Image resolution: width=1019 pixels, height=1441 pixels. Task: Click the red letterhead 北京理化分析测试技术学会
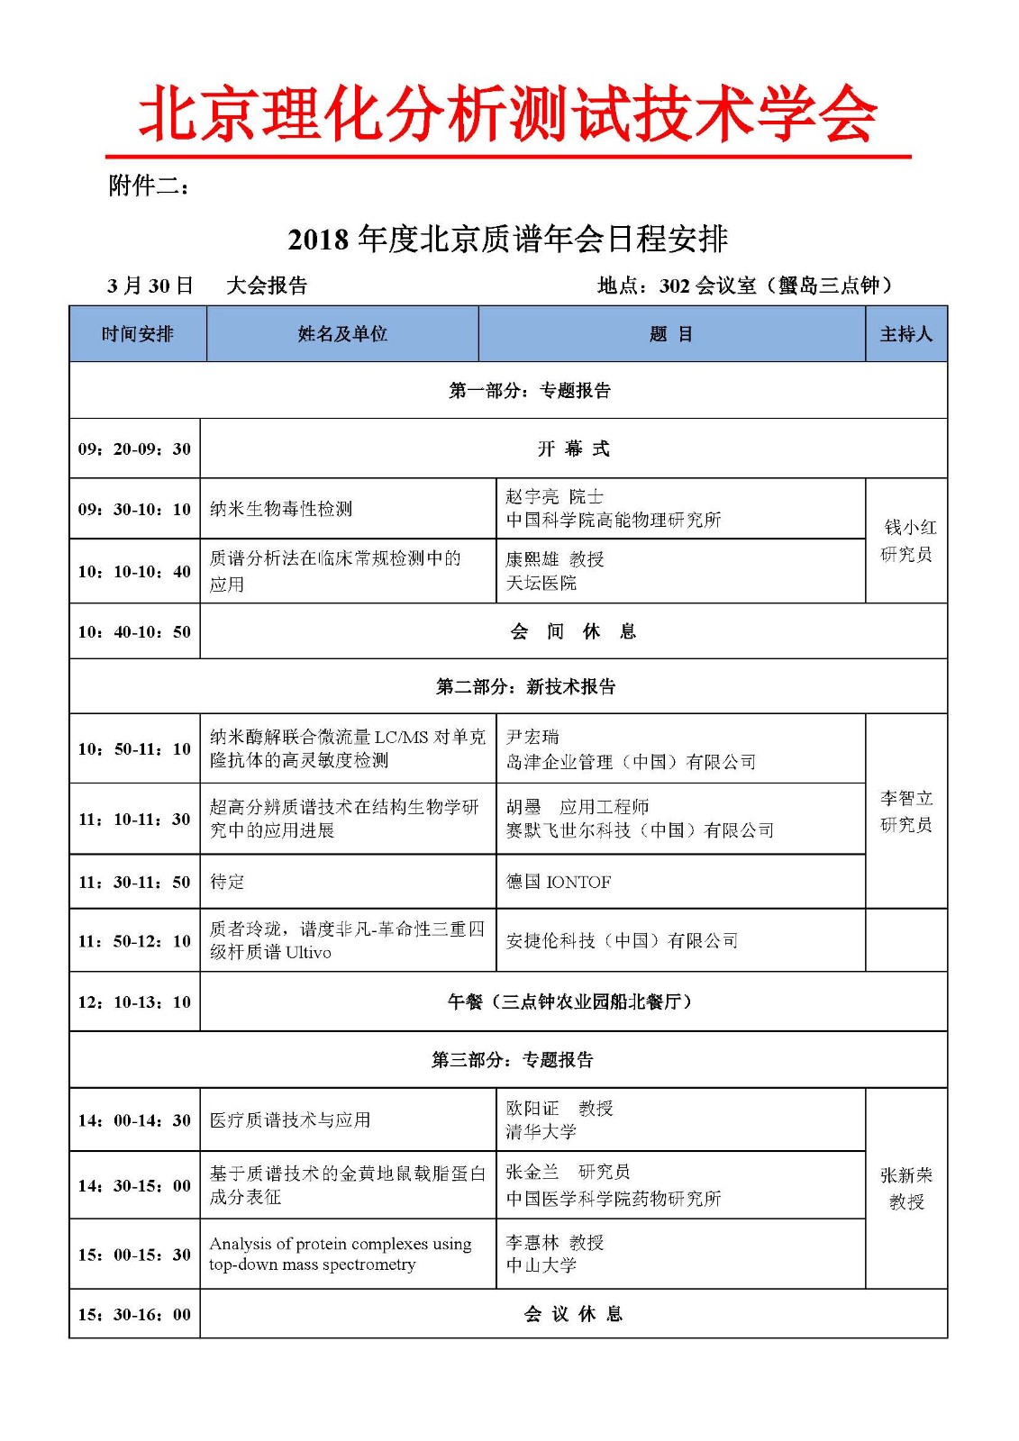[507, 114]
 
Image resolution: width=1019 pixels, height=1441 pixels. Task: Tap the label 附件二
[149, 186]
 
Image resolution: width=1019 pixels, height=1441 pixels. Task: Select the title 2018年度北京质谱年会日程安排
[507, 240]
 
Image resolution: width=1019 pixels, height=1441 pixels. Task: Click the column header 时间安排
[138, 334]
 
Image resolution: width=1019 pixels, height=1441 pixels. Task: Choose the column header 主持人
[905, 334]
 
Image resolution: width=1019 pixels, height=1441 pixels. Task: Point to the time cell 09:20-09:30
[134, 449]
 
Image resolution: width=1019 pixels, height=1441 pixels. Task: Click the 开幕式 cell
[573, 449]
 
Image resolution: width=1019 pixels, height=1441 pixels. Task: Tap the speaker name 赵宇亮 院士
[554, 496]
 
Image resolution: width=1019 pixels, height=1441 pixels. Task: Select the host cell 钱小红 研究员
[906, 540]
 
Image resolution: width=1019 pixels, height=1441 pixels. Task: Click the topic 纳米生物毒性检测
[281, 509]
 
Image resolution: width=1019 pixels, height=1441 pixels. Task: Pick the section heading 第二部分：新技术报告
[525, 687]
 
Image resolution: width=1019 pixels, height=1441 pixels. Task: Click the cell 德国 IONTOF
[559, 882]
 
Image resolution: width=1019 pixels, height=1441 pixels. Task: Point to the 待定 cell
[227, 882]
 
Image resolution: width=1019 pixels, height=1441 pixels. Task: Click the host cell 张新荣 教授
[906, 1188]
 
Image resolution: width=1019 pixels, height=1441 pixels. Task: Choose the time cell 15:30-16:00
[134, 1314]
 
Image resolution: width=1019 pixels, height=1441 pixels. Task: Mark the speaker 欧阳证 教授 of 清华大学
[559, 1109]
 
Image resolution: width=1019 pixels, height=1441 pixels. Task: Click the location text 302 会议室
[707, 286]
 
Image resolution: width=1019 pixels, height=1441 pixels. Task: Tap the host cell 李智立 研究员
[906, 811]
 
